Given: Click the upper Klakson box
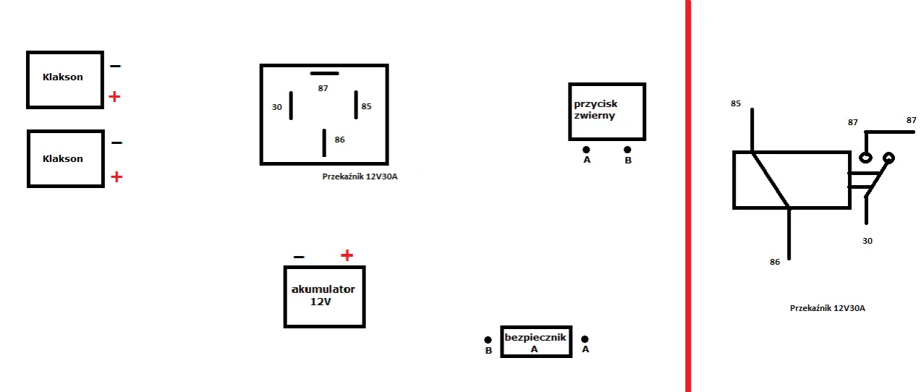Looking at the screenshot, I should click(65, 80).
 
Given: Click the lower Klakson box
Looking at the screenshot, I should click(65, 158).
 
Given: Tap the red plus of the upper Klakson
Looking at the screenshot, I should click(114, 97).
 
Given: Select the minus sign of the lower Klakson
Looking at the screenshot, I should click(116, 143).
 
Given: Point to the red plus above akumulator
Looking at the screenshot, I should click(347, 255).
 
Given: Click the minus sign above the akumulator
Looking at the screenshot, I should click(299, 257).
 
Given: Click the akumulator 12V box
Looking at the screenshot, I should click(323, 297).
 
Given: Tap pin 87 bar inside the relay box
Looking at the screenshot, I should click(324, 74).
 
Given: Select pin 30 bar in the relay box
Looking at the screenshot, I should click(292, 106).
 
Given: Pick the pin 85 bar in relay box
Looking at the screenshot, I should click(356, 105).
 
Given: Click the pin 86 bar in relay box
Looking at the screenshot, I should click(324, 142).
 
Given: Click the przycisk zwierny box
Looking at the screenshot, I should click(606, 111).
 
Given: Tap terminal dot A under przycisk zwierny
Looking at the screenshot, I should click(586, 150).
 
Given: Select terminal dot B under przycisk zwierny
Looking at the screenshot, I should click(627, 150).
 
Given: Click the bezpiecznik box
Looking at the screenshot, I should click(536, 341).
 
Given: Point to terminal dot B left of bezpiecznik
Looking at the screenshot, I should click(489, 338).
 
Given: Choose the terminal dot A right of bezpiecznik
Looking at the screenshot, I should click(585, 338).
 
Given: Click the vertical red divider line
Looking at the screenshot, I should click(687, 195).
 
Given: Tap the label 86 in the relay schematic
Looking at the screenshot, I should click(775, 262).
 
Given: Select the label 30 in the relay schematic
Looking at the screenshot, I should click(867, 241).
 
